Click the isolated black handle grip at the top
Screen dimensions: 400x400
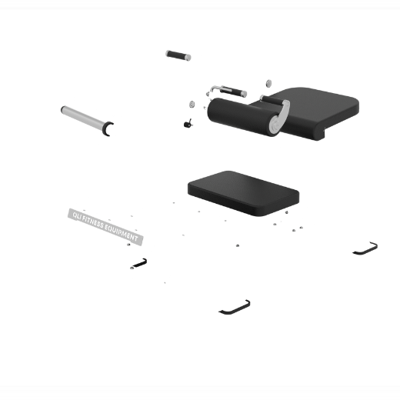178,55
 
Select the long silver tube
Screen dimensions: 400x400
82,118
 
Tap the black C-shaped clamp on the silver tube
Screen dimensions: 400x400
107,128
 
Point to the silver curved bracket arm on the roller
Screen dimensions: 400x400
282,115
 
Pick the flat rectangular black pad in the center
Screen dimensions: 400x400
243,193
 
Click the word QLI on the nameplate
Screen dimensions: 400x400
77,216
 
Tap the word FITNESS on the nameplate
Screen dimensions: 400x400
94,223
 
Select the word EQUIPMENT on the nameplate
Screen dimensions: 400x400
122,233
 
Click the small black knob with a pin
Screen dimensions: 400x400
188,124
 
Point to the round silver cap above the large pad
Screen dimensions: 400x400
268,84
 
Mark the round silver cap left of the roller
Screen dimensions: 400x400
192,105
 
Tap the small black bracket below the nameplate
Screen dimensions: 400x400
141,263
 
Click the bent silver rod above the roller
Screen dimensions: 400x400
217,88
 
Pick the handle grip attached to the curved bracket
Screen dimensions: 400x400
272,99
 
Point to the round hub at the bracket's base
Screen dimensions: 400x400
275,125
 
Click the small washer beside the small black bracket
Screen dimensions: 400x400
132,268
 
